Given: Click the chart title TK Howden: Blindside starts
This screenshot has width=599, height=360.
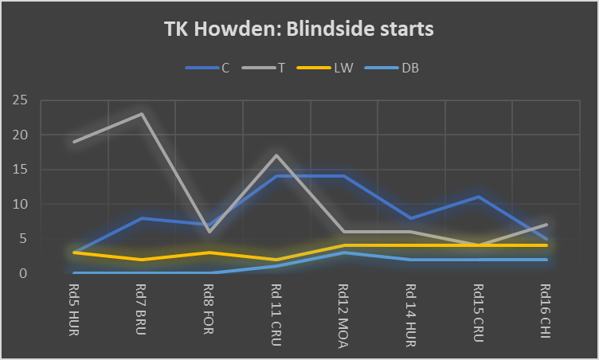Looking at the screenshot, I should click(299, 29).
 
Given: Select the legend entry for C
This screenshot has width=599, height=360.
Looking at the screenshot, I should click(225, 68).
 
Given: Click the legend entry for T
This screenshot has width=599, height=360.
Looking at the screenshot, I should click(282, 68).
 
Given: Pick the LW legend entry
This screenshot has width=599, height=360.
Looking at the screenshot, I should click(343, 68).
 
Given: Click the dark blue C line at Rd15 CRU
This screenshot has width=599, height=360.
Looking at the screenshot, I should click(480, 197).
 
